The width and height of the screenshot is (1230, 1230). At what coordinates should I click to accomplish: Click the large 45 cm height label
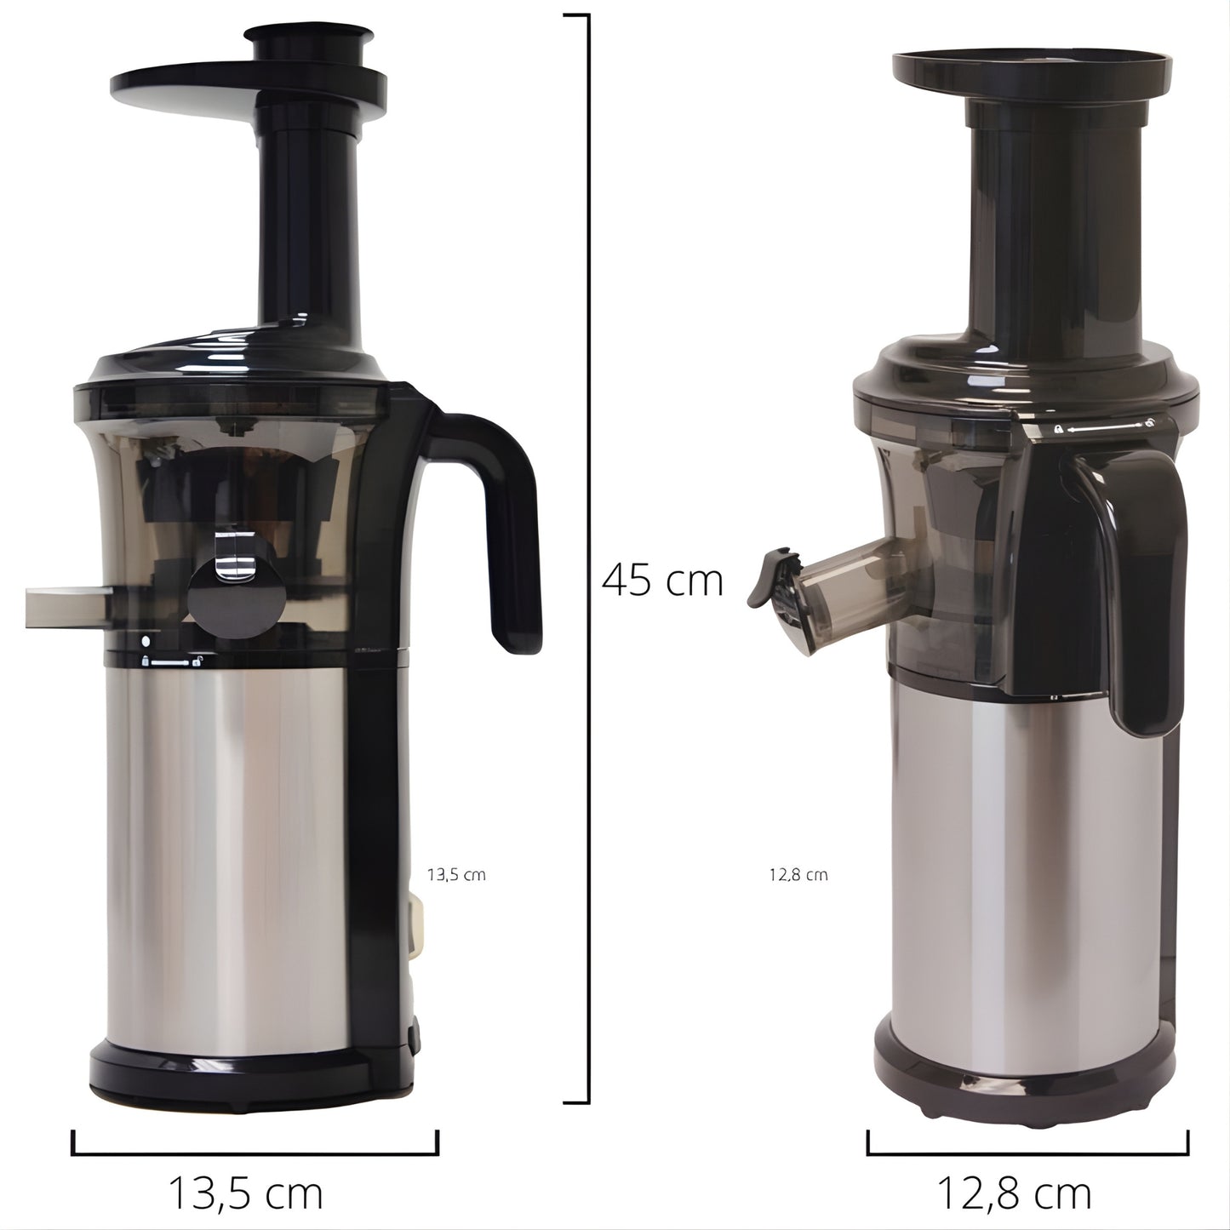tap(662, 581)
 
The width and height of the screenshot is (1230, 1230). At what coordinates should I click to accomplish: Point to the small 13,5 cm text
tap(456, 875)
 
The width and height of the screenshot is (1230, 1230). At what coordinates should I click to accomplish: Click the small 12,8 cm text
tap(798, 875)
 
